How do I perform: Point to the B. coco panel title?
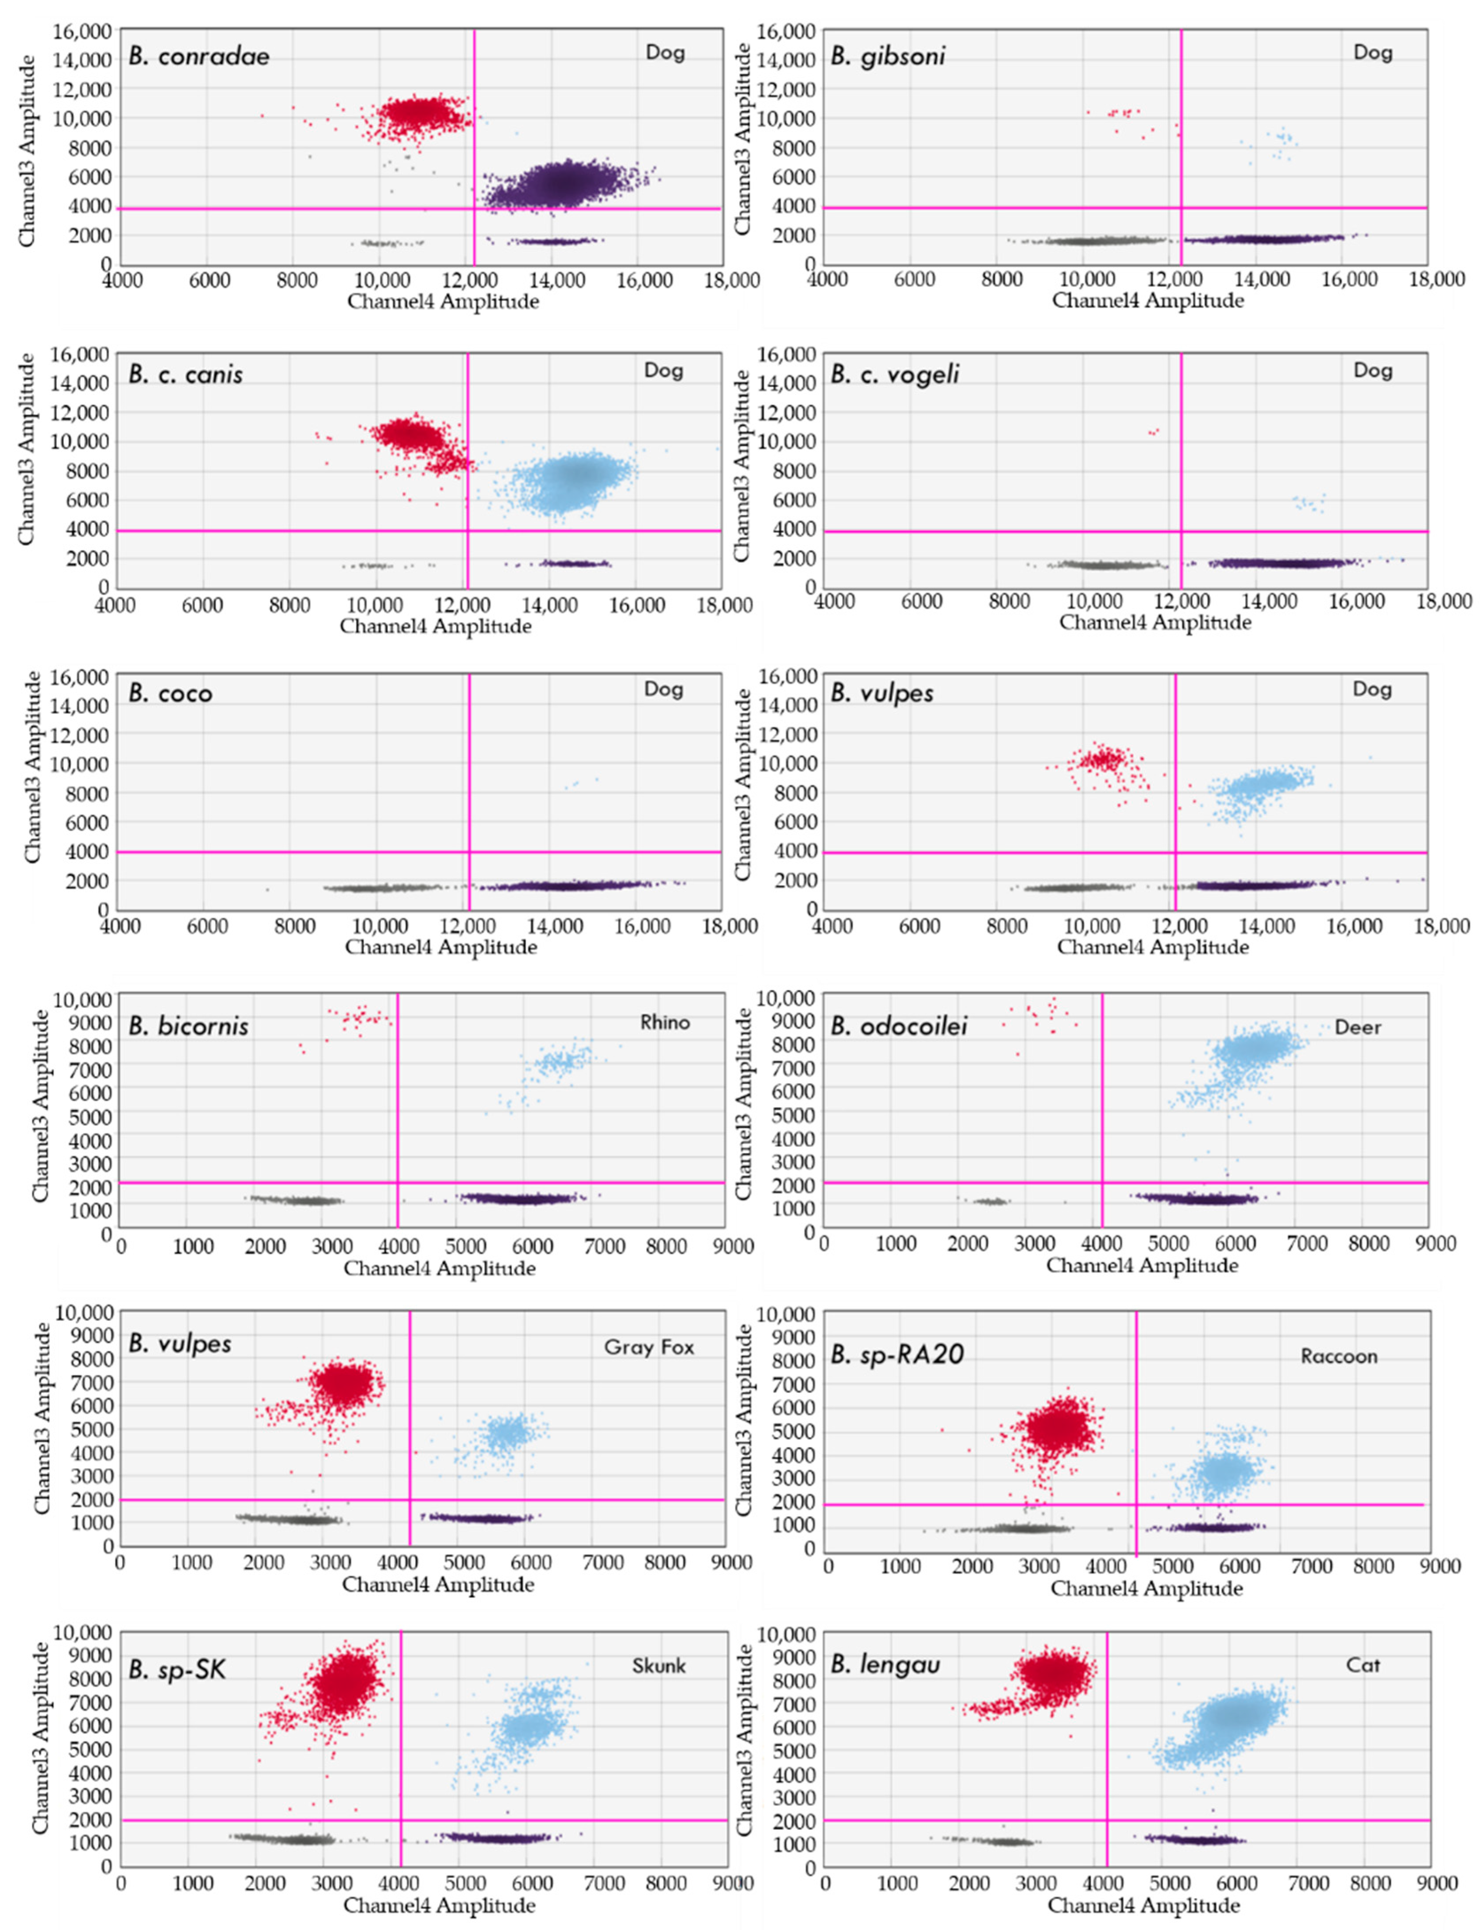point(170,693)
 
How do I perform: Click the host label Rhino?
point(665,1022)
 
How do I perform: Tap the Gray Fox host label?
point(649,1346)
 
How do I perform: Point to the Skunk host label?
point(659,1665)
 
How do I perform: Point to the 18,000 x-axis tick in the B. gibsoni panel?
point(1436,279)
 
